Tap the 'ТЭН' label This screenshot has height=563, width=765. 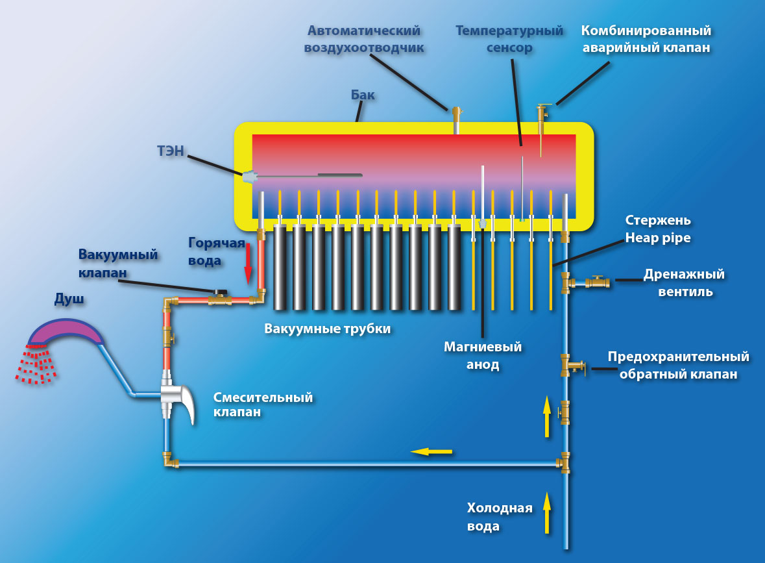(171, 152)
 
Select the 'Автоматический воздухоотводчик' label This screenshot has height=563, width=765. (364, 39)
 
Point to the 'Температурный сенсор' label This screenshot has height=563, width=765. (508, 39)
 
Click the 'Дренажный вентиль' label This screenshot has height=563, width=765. (685, 283)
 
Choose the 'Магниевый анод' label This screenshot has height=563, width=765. (483, 355)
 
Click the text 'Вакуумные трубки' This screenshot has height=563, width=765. (328, 329)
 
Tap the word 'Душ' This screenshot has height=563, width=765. (70, 300)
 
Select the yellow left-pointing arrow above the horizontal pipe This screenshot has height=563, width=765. (431, 451)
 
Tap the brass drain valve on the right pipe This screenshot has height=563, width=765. (596, 282)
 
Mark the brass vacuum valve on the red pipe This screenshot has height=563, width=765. (219, 299)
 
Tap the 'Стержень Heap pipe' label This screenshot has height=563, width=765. (657, 229)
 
